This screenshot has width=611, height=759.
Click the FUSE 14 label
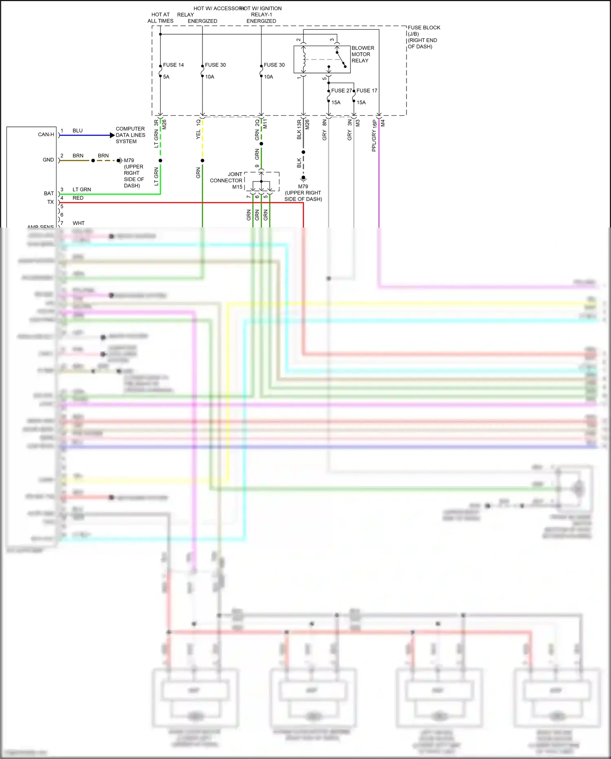173,65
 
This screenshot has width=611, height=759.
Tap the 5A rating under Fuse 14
166,77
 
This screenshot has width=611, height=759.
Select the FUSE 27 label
341,91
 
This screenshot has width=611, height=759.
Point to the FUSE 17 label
367,91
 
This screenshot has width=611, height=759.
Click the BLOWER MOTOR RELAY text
363,54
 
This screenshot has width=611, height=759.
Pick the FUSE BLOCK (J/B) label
424,31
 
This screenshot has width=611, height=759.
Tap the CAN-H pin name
46,134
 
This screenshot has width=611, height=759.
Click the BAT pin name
49,193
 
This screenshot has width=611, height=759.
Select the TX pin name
51,202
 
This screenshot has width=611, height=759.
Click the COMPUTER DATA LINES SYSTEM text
130,135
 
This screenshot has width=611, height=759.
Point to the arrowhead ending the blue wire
112,135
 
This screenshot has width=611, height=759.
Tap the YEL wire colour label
198,135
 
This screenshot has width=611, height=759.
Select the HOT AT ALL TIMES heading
160,18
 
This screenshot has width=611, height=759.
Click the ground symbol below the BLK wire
303,178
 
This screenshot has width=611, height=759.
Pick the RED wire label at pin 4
78,198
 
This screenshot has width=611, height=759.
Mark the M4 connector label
383,123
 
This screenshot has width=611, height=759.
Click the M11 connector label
265,124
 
